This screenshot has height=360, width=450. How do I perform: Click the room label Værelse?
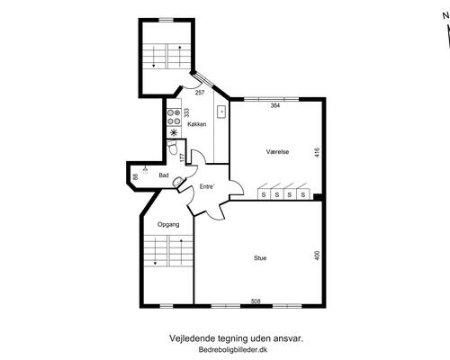click(x=277, y=152)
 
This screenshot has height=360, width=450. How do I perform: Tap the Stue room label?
click(x=260, y=258)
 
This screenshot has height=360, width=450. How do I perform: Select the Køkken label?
click(x=197, y=124)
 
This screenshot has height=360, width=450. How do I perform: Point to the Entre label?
click(x=207, y=186)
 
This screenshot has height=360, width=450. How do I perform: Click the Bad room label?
click(x=164, y=175)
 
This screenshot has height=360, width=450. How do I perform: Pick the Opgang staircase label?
click(x=168, y=224)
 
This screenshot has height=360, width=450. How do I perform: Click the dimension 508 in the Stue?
click(x=256, y=301)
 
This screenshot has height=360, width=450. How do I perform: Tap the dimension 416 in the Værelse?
click(x=318, y=152)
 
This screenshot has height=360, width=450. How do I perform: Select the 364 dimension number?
click(x=275, y=105)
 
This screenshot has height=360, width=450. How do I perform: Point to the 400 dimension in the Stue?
click(x=318, y=256)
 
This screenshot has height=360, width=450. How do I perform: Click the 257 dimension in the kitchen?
click(x=200, y=93)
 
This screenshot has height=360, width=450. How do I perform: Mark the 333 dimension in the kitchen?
click(x=186, y=112)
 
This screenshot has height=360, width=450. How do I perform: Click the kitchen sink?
click(x=221, y=112)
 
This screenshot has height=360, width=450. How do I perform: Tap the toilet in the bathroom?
click(x=172, y=148)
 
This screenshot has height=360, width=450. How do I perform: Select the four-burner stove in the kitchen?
click(x=174, y=117)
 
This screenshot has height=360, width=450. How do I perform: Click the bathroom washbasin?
click(x=179, y=182)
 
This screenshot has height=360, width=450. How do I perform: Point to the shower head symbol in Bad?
click(x=146, y=170)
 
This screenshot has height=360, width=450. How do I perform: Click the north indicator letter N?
click(x=445, y=16)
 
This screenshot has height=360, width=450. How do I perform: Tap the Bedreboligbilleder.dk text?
click(x=233, y=350)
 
